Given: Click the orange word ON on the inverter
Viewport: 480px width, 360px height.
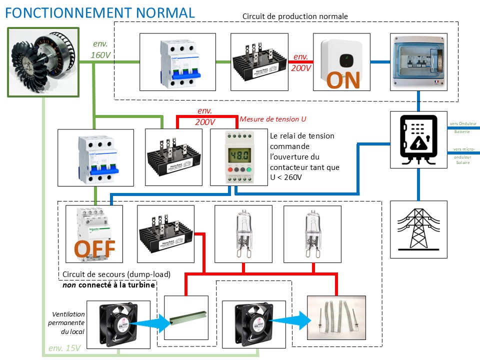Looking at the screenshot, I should (343, 80).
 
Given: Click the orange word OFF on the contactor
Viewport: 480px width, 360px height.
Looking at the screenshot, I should (95, 248).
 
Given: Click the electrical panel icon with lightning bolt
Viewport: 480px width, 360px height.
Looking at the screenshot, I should (418, 138).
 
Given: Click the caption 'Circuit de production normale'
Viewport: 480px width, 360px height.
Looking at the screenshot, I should (295, 16).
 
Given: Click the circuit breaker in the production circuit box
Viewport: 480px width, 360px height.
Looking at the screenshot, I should (177, 62).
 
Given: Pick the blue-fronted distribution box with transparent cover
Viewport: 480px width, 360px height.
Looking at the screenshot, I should (418, 62).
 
